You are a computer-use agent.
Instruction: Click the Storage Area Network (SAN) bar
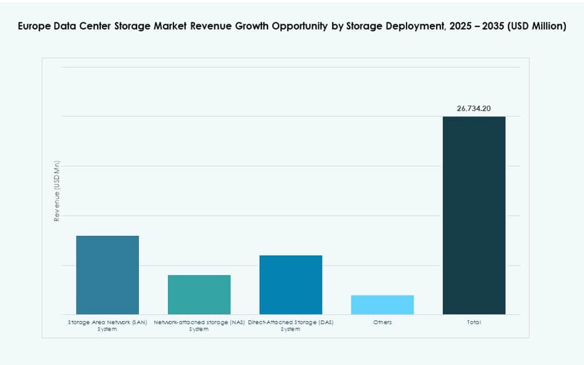(x=107, y=275)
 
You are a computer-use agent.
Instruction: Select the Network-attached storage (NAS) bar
(x=199, y=294)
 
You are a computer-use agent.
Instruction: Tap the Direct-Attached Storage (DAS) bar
(x=290, y=284)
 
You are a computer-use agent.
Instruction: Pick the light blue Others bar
(x=382, y=305)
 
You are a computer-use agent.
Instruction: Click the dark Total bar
(x=473, y=215)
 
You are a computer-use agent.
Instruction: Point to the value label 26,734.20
(x=473, y=109)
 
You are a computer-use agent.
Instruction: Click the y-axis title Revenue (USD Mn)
(x=57, y=191)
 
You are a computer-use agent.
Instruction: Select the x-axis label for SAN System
(x=107, y=326)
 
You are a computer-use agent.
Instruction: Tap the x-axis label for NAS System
(x=199, y=326)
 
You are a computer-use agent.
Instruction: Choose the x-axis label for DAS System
(x=290, y=326)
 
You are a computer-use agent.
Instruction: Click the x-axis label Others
(x=382, y=322)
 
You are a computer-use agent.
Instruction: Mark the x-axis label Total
(x=473, y=322)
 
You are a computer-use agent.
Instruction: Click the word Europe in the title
(x=34, y=27)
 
